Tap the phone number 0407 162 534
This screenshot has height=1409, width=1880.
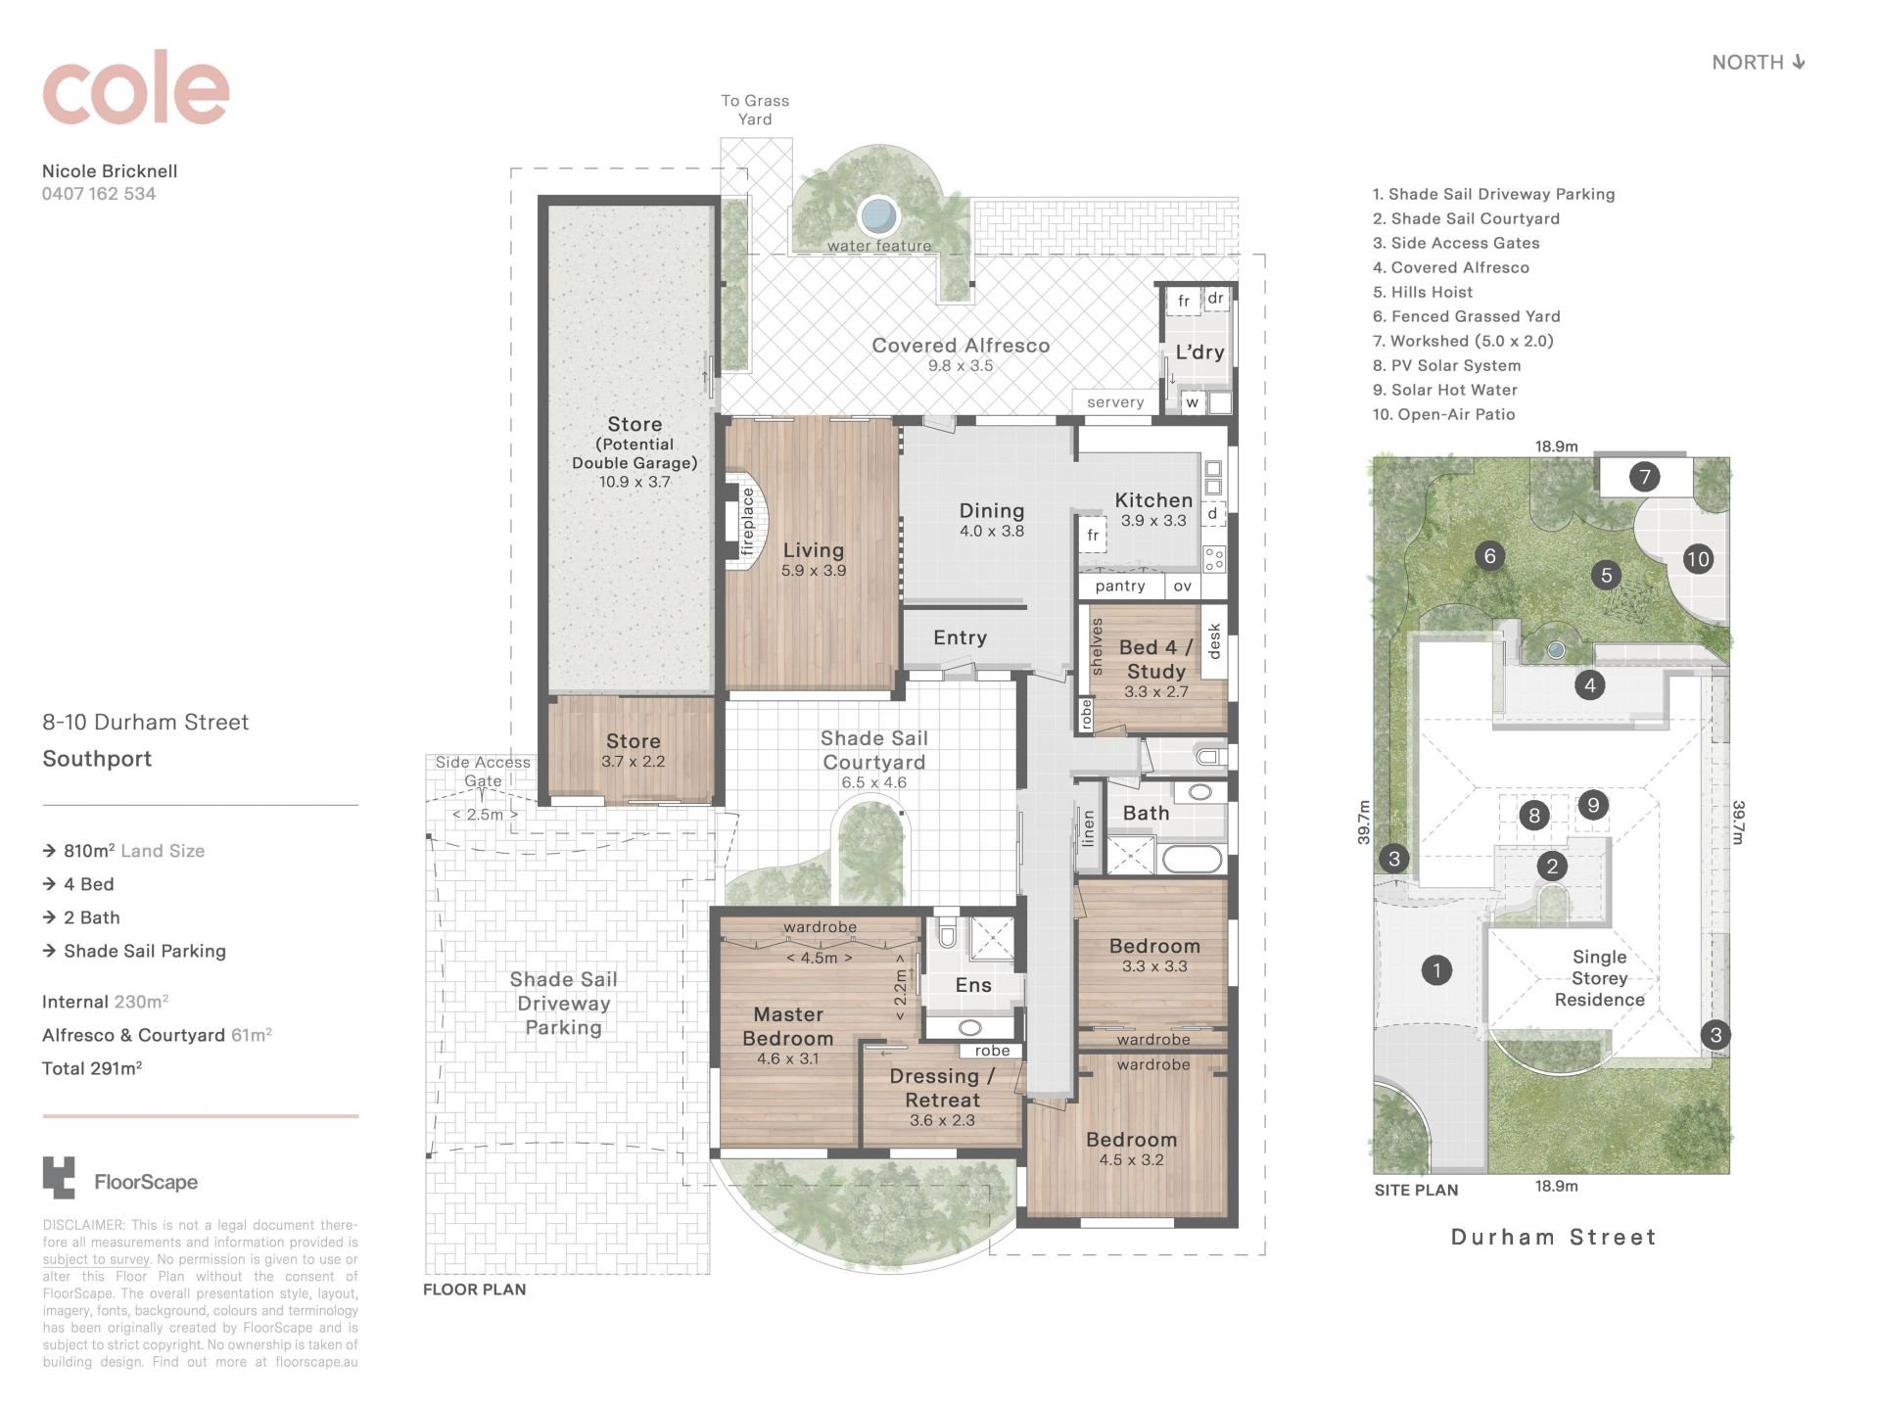coord(99,194)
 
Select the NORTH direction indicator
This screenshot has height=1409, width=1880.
coord(1758,63)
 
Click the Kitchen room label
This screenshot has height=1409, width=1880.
coord(1153,500)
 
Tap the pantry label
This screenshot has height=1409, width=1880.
coord(1120,586)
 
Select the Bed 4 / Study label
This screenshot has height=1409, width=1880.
coord(1156,659)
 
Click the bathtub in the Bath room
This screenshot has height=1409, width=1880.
coord(1191,859)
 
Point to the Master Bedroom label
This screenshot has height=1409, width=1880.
coord(788,1026)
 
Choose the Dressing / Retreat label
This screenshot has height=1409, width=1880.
coord(942,1088)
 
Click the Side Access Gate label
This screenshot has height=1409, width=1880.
coord(483,772)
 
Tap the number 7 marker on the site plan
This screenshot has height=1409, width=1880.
coord(1645,477)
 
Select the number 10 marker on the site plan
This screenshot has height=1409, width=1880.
coord(1698,559)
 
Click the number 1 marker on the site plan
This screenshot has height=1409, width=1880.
coord(1436,970)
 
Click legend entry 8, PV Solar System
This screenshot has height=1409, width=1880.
coord(1446,365)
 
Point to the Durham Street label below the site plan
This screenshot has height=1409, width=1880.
coord(1554,1237)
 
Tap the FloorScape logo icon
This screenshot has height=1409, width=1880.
coord(59,1178)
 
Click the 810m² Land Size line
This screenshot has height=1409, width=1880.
coord(123,851)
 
